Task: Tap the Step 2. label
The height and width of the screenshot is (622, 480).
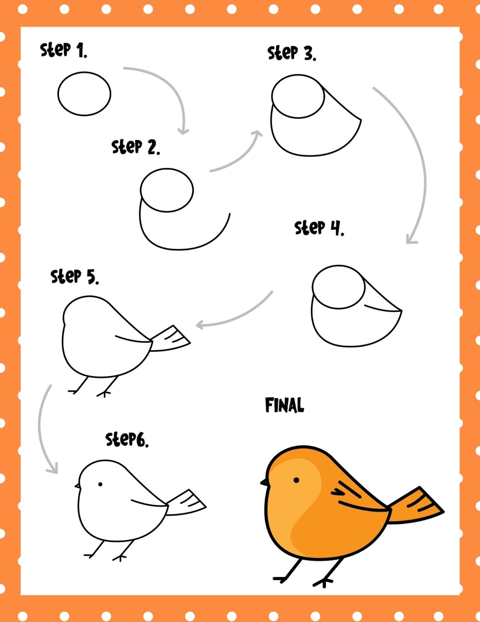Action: (136, 147)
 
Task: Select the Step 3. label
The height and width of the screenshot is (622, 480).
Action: (292, 53)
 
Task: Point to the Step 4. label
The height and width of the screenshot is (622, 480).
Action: (319, 228)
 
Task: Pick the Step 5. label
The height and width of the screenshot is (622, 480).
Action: (75, 277)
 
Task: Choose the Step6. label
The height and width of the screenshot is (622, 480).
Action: (127, 440)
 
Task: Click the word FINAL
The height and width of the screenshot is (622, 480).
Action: (284, 405)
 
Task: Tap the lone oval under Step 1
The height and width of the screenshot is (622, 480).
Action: (84, 94)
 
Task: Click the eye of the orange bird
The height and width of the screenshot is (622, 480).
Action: (296, 480)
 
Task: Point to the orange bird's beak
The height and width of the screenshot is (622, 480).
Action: (264, 482)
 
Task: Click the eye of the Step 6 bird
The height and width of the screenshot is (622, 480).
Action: (100, 484)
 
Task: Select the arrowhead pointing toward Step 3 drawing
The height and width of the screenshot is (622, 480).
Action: (258, 133)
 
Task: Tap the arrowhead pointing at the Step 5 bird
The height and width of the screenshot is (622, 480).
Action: (199, 325)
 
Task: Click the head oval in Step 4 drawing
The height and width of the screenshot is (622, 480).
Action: (339, 287)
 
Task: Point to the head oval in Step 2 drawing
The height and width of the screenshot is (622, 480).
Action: (167, 190)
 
